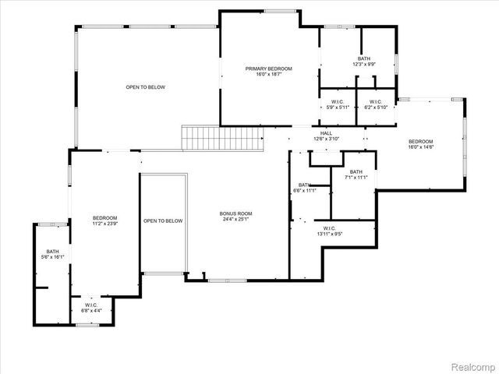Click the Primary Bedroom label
click(x=269, y=69)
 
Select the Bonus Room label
click(x=235, y=213)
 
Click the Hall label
click(x=327, y=133)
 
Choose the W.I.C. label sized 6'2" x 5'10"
click(x=375, y=102)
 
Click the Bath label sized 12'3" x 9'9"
click(x=364, y=58)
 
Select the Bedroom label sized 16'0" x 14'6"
click(x=421, y=141)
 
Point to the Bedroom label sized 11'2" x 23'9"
click(x=105, y=217)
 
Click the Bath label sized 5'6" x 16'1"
click(x=52, y=252)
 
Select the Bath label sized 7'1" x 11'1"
click(x=356, y=172)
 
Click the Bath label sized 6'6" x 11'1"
click(x=304, y=185)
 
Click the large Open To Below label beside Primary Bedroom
click(x=146, y=87)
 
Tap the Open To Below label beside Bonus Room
click(x=163, y=221)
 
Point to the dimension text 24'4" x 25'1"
click(x=235, y=219)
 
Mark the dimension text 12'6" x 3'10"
click(x=327, y=139)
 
